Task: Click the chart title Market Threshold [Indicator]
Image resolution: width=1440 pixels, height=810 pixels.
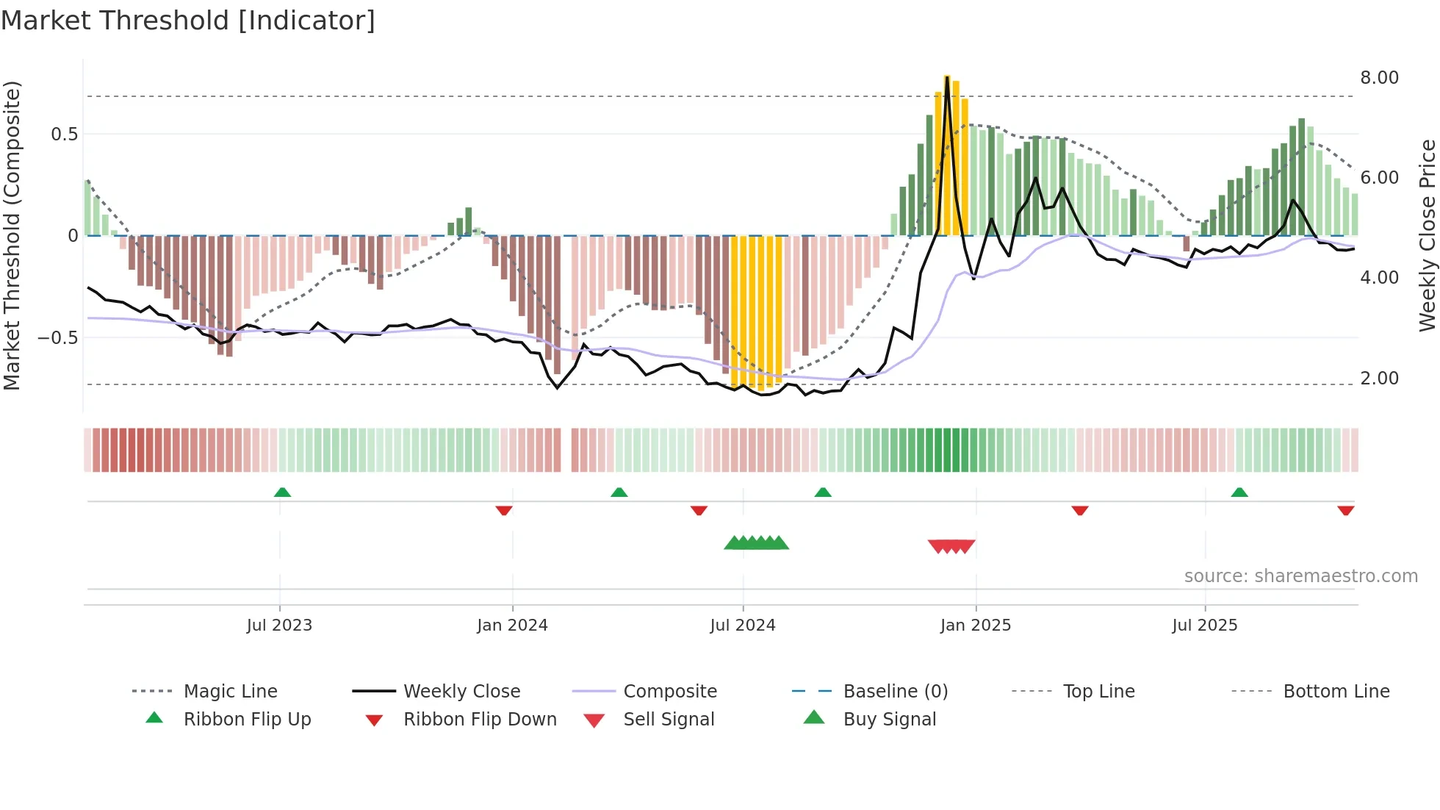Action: pyautogui.click(x=188, y=21)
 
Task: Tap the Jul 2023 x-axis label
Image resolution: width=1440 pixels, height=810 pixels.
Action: pyautogui.click(x=279, y=626)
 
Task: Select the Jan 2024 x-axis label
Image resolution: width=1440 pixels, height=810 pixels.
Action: pyautogui.click(x=512, y=626)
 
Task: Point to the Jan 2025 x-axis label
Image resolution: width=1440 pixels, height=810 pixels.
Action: pyautogui.click(x=975, y=626)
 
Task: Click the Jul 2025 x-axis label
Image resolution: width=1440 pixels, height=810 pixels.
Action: pyautogui.click(x=1204, y=626)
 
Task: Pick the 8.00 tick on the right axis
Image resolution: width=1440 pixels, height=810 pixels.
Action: pyautogui.click(x=1379, y=78)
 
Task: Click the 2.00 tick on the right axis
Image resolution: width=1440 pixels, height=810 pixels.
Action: pyautogui.click(x=1379, y=379)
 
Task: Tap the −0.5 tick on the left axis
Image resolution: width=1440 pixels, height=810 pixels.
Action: pyautogui.click(x=57, y=338)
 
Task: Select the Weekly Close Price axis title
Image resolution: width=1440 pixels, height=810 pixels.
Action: pyautogui.click(x=1427, y=235)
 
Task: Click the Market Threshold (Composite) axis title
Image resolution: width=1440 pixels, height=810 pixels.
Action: pyautogui.click(x=12, y=235)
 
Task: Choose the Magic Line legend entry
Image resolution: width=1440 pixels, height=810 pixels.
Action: pyautogui.click(x=230, y=692)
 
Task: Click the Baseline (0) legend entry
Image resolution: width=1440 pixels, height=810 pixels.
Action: pyautogui.click(x=895, y=692)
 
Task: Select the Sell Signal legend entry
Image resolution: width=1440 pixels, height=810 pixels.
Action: pyautogui.click(x=668, y=720)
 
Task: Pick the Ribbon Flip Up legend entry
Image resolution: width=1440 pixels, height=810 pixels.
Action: pyautogui.click(x=247, y=720)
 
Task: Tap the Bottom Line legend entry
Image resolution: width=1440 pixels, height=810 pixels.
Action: pyautogui.click(x=1336, y=692)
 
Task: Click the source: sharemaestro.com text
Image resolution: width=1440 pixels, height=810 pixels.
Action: pyautogui.click(x=1300, y=576)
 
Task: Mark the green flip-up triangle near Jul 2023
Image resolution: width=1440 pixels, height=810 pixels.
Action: pyautogui.click(x=282, y=492)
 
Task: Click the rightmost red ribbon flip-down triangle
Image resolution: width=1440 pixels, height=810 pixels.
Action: pyautogui.click(x=1345, y=510)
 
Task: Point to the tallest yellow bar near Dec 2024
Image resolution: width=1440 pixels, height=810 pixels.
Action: pyautogui.click(x=947, y=154)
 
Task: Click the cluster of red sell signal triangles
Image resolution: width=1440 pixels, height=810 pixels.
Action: pyautogui.click(x=951, y=546)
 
